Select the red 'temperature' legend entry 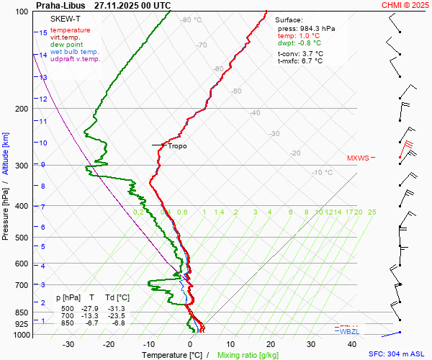coord(71,30)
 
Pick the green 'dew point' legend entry coord(67,45)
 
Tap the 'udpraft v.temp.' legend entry coord(75,59)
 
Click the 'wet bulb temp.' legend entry coord(75,52)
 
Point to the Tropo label coord(177,145)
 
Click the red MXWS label coord(357,158)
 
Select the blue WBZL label coord(349,332)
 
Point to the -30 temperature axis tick coord(68,344)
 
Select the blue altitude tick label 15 coord(43,32)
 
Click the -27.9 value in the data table coord(92,308)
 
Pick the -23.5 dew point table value coord(117,315)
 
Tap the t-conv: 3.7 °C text coord(300,53)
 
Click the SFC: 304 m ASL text coord(396,354)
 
